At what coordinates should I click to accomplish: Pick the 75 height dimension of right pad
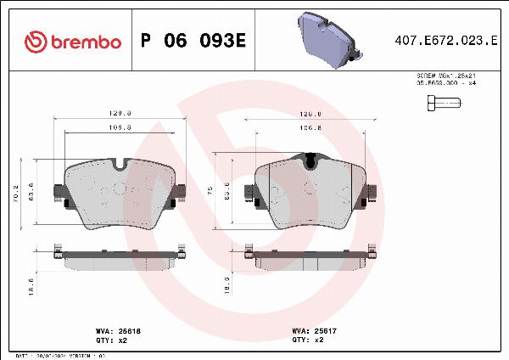tap(210, 192)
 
